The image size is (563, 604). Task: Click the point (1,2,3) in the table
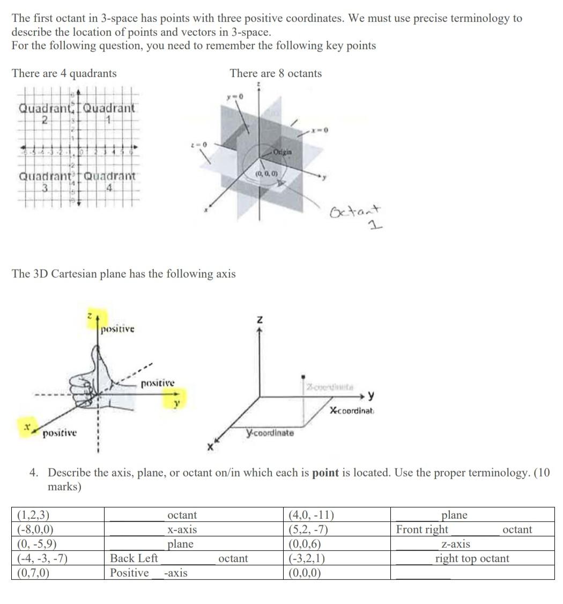click(33, 515)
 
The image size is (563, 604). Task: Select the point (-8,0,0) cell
click(35, 530)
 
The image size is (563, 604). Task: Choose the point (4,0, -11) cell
click(311, 515)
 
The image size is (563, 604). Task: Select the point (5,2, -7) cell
click(308, 530)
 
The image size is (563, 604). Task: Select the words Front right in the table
click(422, 530)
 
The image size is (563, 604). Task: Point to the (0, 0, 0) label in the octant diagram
click(266, 174)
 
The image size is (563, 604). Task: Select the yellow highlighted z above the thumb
click(92, 317)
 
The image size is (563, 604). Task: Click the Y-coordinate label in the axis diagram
click(270, 433)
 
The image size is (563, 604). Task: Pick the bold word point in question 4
click(325, 473)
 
